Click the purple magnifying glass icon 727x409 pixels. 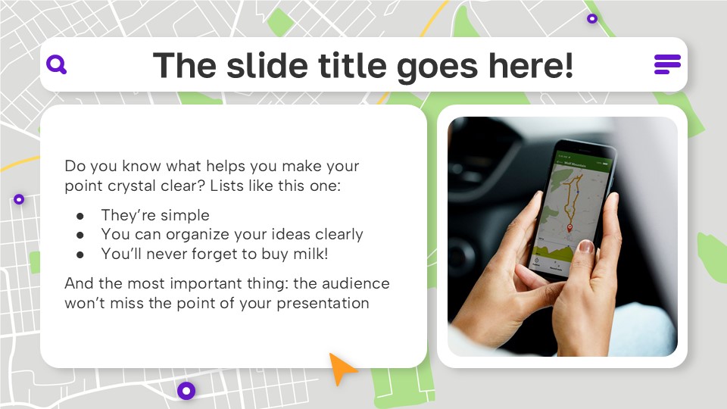tap(56, 64)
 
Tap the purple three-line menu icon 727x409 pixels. tap(667, 64)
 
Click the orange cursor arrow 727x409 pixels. tap(343, 368)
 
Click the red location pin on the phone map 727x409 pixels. tap(570, 226)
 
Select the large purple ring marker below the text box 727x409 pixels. tap(186, 391)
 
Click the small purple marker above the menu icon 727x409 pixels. tap(592, 18)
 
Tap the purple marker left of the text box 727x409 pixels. tap(19, 199)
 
